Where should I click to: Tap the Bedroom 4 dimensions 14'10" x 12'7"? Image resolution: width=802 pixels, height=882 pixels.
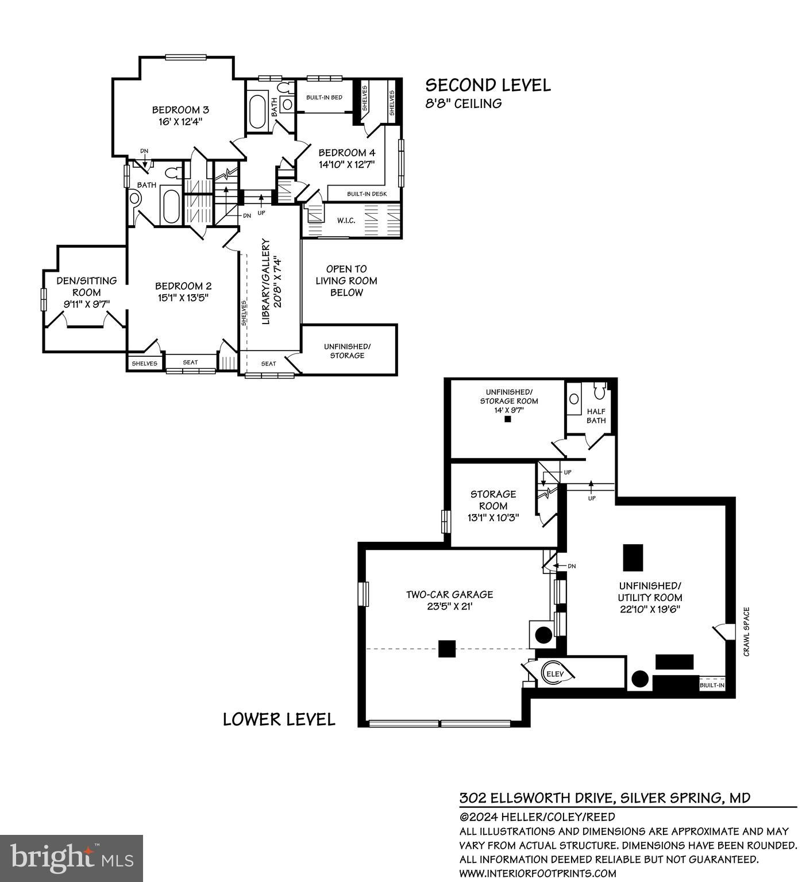(346, 164)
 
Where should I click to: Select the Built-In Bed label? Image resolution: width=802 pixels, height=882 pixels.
(324, 98)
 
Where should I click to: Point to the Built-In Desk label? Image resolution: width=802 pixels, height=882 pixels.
(367, 194)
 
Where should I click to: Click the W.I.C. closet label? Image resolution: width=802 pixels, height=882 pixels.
(345, 221)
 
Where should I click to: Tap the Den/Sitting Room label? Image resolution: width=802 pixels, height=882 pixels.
(86, 286)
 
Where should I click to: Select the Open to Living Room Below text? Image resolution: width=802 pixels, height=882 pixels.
(346, 280)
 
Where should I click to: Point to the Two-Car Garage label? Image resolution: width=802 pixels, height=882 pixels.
(449, 595)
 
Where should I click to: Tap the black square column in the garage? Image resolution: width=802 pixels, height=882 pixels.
(447, 649)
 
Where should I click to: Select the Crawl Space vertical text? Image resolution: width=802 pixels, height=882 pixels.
(746, 631)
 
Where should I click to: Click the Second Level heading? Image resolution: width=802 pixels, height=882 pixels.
(488, 85)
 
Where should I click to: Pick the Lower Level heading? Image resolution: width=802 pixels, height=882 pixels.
(279, 719)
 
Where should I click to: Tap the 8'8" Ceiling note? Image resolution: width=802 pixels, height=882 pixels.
(463, 103)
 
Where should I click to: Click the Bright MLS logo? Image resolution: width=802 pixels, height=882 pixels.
(71, 858)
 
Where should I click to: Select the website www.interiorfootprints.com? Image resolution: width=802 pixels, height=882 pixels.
(537, 873)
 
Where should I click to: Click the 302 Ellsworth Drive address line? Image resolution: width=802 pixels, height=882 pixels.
(604, 798)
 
